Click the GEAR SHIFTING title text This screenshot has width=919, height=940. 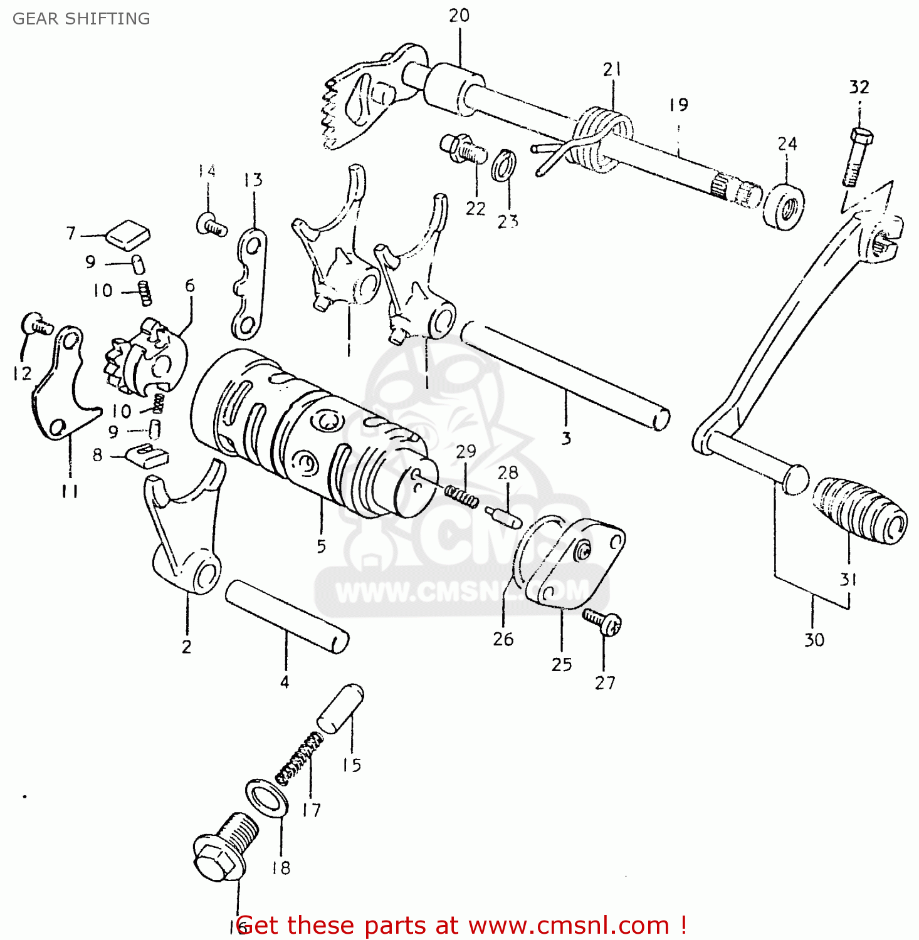pos(81,19)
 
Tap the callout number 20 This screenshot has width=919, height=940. pos(459,16)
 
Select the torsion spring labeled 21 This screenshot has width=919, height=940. pos(602,138)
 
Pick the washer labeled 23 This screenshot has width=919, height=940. pos(504,165)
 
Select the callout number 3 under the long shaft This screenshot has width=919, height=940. pos(566,438)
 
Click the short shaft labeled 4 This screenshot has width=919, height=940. pos(286,617)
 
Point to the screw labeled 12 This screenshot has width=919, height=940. pos(36,323)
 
